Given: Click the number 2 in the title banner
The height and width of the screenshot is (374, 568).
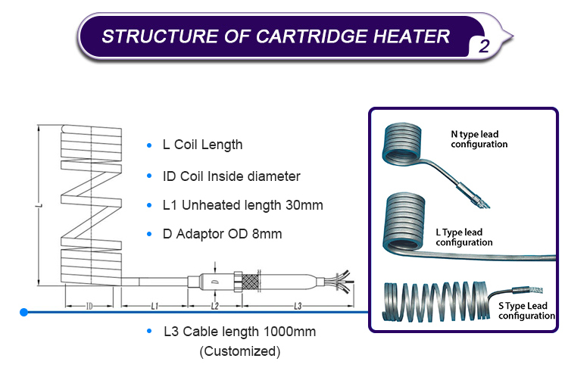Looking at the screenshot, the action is tap(484, 46).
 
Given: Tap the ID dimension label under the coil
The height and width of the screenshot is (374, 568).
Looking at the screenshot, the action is tap(89, 307).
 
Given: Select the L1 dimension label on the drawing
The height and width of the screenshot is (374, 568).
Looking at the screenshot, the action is tap(154, 307).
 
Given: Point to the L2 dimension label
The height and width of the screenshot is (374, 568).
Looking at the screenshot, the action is tap(215, 307).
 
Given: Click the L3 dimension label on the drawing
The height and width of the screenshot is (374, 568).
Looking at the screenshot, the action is tap(298, 307).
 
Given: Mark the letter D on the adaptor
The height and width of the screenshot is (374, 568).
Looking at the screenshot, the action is tap(215, 282).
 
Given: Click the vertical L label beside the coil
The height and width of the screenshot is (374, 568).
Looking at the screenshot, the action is tap(40, 206).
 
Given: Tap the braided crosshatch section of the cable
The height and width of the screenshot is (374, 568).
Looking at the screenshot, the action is tap(251, 282).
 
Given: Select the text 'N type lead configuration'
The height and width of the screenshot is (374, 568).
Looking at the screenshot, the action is tap(479, 139).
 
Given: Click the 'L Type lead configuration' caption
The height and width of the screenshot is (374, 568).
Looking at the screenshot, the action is tap(464, 238).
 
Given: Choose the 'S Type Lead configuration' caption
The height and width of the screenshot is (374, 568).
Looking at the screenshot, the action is tap(526, 310).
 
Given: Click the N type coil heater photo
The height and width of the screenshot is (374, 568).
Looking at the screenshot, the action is tap(402, 145).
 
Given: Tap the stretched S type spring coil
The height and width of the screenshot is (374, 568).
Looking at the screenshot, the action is tap(435, 301).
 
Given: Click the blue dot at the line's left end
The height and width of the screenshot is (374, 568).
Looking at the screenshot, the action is tap(24, 312).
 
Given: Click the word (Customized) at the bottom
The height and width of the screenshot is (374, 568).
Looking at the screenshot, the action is tap(240, 351).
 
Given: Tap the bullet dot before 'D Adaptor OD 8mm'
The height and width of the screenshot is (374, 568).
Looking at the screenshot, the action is tap(149, 234).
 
